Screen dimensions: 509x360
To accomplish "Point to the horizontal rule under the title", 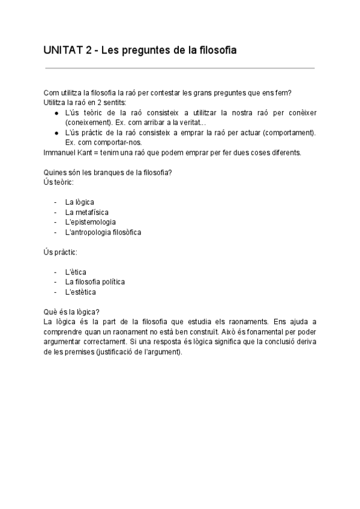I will [x=179, y=68].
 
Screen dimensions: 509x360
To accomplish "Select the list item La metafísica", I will [x=87, y=212].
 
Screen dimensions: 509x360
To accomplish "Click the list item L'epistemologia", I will [x=91, y=221].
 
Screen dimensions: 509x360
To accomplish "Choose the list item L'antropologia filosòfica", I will [x=103, y=231].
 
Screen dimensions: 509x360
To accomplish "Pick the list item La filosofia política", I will [x=95, y=282].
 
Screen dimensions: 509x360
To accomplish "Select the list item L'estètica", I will [x=80, y=292].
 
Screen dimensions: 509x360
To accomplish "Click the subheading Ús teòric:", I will [x=58, y=182].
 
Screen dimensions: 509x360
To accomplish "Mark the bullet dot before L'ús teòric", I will [x=56, y=113].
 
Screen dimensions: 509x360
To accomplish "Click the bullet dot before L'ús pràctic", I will [x=56, y=133].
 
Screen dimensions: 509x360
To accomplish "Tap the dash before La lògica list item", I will [x=55, y=202].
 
